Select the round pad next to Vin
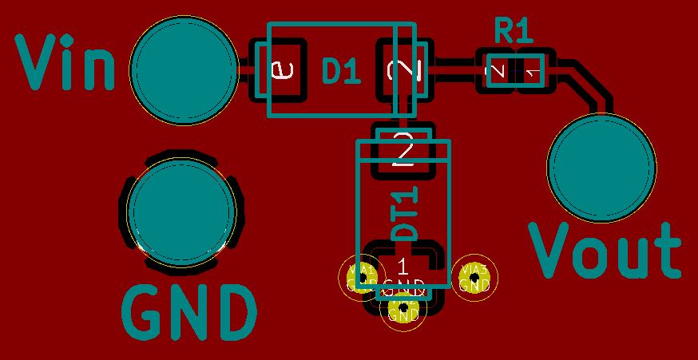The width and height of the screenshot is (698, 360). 184,72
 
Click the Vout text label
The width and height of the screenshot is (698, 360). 605,251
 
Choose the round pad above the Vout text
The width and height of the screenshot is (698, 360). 601,168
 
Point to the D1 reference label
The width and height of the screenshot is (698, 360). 341,72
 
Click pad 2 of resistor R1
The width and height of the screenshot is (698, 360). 496,73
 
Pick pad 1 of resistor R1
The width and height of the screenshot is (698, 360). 533,73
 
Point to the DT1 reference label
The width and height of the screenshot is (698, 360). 406,213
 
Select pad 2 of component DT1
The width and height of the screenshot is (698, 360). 404,149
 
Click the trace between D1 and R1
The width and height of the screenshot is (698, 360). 454,73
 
